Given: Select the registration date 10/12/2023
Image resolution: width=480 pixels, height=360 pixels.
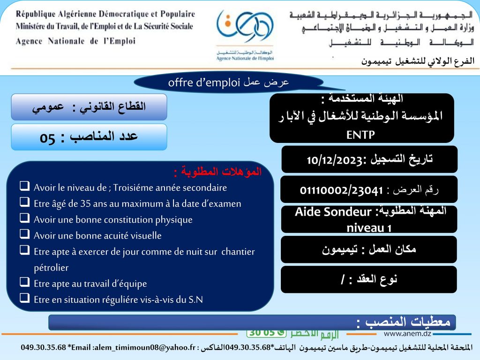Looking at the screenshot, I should (x=332, y=160).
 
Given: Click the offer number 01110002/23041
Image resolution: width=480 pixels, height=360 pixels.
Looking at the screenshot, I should (x=341, y=190).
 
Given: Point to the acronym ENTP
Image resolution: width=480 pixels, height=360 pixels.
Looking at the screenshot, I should (x=360, y=135).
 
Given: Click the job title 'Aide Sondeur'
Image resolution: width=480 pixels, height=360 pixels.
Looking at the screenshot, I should (x=328, y=212).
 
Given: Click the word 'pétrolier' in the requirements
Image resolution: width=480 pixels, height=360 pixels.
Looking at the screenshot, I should (x=51, y=268).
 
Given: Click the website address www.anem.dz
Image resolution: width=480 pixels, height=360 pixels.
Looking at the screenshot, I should (x=407, y=334).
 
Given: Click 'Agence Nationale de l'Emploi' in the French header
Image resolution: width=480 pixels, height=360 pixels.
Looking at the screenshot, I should (x=75, y=41).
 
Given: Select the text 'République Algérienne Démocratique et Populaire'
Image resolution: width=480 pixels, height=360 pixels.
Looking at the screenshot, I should (x=105, y=14).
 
